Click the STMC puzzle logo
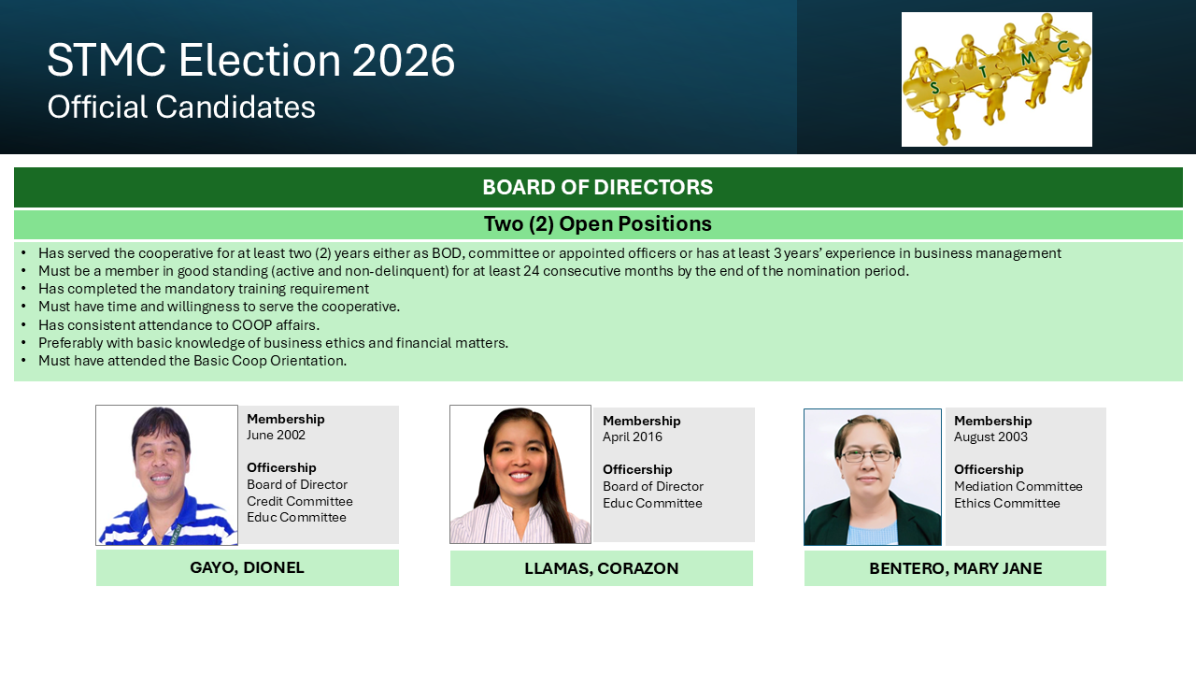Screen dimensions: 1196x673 coord(996,79)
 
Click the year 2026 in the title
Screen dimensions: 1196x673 coord(403,61)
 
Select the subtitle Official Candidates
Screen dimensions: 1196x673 coord(181,107)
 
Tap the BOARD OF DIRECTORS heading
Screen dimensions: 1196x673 coord(597,188)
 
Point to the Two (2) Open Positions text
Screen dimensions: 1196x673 coord(597,223)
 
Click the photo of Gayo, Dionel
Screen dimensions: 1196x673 coord(166,475)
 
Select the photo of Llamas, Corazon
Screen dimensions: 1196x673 coord(520,474)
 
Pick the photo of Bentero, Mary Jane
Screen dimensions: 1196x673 coord(873,477)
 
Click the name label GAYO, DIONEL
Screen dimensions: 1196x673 coord(248,567)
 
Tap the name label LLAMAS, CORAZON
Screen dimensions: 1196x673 coord(601,568)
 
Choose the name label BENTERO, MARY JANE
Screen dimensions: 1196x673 coord(955,568)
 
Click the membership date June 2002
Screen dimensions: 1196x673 coord(276,435)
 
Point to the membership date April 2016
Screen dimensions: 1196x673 coord(633,437)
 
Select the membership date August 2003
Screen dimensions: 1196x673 coord(990,437)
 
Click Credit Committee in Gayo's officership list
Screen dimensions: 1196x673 coord(300,501)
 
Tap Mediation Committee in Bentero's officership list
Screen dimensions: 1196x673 coord(1018,486)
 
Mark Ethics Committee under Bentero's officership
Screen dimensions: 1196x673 coord(1007,503)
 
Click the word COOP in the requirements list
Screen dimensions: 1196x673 coord(251,325)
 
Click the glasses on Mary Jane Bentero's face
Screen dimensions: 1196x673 coord(868,455)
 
